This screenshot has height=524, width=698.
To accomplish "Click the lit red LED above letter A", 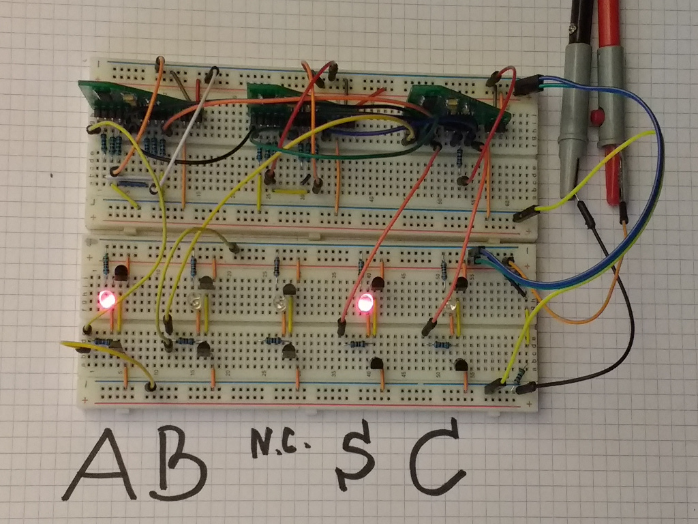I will pos(106,299).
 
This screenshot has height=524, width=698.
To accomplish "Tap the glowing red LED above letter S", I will pos(366,302).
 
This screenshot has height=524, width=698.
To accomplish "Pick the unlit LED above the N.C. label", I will pos(279,304).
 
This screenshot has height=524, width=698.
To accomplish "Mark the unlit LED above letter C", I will pos(452,307).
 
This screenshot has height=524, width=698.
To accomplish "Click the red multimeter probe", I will pos(609,102).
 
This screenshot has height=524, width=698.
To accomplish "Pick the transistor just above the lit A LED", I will pos(121,273).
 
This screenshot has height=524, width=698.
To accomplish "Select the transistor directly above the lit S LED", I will pos(378,282).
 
